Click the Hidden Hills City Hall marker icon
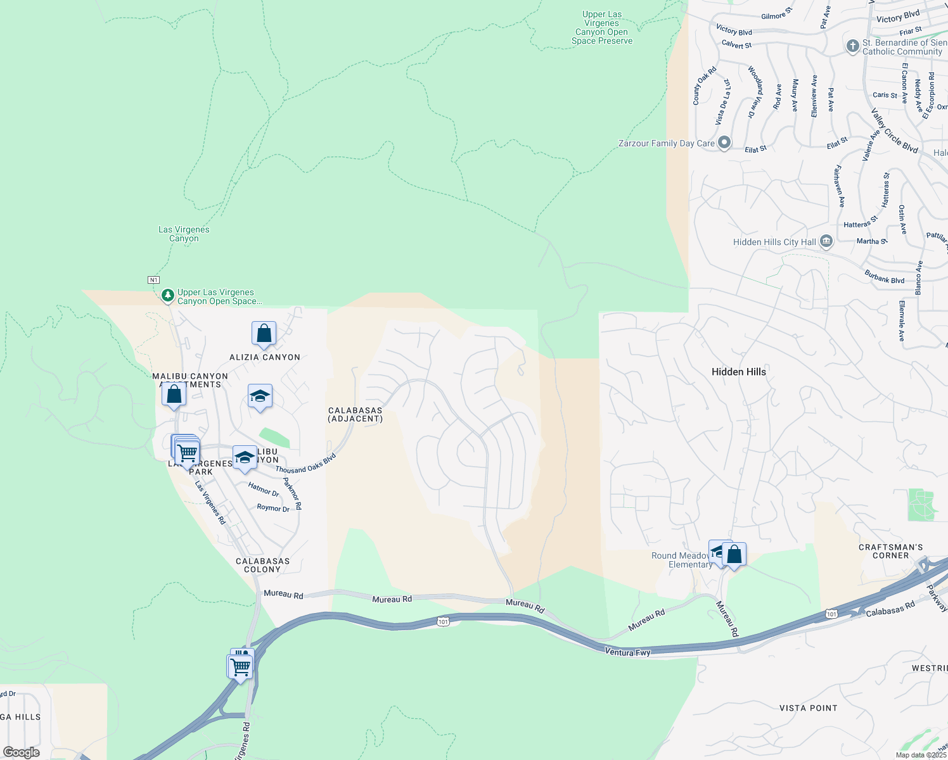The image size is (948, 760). tap(826, 241)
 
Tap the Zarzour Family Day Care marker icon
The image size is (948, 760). tap(724, 143)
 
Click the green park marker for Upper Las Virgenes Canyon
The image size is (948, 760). tap(167, 295)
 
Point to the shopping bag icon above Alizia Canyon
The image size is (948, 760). tap(264, 333)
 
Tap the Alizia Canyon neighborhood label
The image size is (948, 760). tap(265, 357)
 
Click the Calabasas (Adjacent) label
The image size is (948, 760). tap(355, 415)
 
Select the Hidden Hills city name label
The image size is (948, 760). tap(738, 372)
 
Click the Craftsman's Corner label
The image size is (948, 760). tap(890, 551)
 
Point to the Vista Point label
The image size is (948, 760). tap(808, 708)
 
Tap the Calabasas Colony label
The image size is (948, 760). tap(262, 565)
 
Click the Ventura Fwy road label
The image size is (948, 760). tap(627, 652)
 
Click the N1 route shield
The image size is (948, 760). tap(153, 280)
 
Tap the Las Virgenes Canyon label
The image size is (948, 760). tap(184, 234)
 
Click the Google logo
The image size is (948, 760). tap(22, 752)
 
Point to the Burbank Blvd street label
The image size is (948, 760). tap(885, 277)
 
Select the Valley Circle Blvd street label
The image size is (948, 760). tap(894, 131)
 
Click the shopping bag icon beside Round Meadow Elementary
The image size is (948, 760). tap(734, 555)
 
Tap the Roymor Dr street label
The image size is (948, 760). tap(273, 508)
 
